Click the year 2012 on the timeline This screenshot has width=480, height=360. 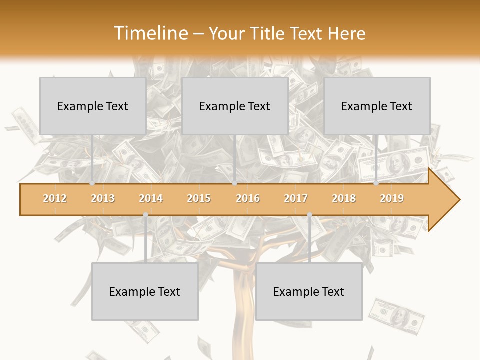[55, 198]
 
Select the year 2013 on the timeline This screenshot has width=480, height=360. [103, 198]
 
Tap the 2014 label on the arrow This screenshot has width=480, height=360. [151, 198]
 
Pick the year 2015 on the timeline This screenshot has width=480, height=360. [199, 198]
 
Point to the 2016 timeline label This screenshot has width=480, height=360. [248, 198]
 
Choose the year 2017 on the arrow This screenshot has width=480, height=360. [296, 198]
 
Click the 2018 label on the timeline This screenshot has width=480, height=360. [344, 198]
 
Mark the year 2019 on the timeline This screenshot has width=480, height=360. [392, 198]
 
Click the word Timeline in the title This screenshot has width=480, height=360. [150, 33]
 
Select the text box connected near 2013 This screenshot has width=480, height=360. [93, 106]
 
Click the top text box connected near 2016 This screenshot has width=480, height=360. [235, 106]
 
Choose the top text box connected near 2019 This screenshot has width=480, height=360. [377, 106]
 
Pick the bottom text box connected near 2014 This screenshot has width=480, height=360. [145, 291]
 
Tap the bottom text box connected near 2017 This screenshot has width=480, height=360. [309, 291]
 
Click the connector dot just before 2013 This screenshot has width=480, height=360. [92, 183]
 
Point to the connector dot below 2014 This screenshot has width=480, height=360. [145, 215]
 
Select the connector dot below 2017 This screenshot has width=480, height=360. [309, 215]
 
